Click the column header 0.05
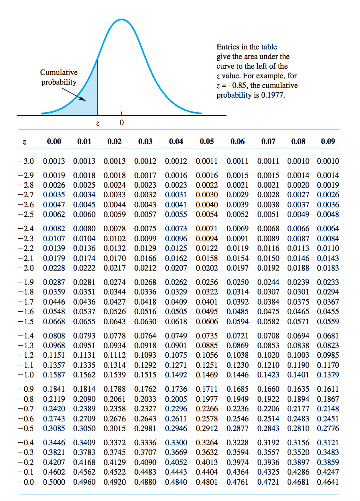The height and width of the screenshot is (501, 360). click(207, 142)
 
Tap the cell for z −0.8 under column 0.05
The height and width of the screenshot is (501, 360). click(206, 399)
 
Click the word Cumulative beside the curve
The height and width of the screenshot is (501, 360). click(59, 72)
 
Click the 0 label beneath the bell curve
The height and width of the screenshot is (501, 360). click(121, 124)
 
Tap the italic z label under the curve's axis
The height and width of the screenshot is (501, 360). click(98, 124)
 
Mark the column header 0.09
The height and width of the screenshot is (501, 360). click(328, 142)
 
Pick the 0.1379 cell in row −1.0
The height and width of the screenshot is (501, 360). click(328, 374)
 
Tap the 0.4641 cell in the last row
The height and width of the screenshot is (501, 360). click(328, 482)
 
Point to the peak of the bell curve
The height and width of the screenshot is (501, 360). click(121, 19)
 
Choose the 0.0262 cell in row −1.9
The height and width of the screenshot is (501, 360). click(176, 282)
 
